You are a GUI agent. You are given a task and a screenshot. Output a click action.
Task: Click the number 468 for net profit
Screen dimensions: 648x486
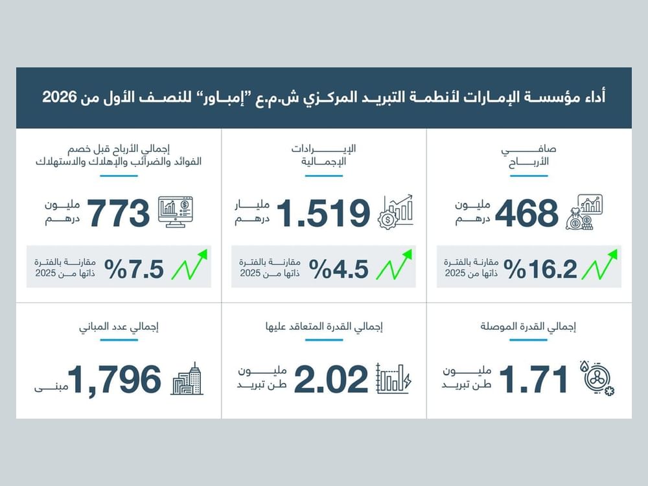pyautogui.click(x=526, y=213)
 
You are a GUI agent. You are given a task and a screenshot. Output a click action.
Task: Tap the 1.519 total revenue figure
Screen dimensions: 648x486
pyautogui.click(x=323, y=213)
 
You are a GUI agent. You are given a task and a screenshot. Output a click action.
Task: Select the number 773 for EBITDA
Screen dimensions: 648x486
pyautogui.click(x=119, y=213)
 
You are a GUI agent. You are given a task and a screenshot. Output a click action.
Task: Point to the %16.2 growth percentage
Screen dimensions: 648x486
pyautogui.click(x=540, y=269)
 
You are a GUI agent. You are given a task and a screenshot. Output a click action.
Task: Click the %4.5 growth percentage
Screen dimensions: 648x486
pyautogui.click(x=338, y=269)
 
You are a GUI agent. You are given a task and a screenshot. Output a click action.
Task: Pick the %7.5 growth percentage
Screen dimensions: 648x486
pyautogui.click(x=134, y=269)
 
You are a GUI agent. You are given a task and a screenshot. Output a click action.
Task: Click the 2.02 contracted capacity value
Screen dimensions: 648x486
pyautogui.click(x=331, y=379)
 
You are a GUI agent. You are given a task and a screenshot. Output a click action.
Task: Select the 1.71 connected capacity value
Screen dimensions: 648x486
pyautogui.click(x=533, y=379)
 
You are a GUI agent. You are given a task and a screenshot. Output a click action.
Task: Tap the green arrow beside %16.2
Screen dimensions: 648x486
pyautogui.click(x=599, y=264)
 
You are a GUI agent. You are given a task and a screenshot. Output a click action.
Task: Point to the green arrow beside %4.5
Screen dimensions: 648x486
pyautogui.click(x=394, y=264)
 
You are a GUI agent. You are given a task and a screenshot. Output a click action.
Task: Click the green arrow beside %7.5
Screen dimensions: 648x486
pyautogui.click(x=189, y=264)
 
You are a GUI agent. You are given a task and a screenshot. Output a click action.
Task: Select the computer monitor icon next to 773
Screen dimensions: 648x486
pyautogui.click(x=176, y=212)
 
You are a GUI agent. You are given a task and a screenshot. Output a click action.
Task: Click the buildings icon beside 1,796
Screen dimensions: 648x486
pyautogui.click(x=187, y=378)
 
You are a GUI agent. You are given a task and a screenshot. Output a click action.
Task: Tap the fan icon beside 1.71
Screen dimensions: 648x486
pyautogui.click(x=597, y=378)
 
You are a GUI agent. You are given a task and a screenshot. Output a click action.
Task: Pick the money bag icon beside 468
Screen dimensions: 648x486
pyautogui.click(x=584, y=212)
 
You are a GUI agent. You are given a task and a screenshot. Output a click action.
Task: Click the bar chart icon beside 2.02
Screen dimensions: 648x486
pyautogui.click(x=394, y=378)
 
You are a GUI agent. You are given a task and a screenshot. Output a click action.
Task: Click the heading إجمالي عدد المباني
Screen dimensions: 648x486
pyautogui.click(x=119, y=327)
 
